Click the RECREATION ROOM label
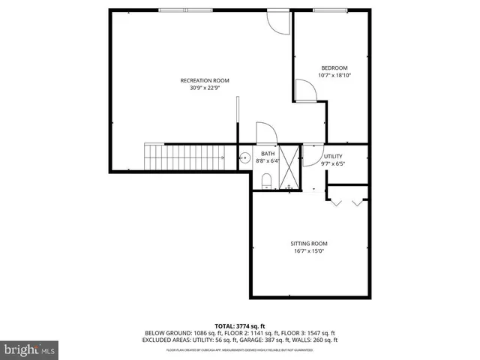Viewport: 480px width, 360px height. point(204,80)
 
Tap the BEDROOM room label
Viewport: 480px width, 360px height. point(334,68)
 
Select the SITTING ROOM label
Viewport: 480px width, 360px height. point(309,244)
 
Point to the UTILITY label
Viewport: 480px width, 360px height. point(333,156)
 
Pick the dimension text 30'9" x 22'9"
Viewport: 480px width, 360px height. point(204,88)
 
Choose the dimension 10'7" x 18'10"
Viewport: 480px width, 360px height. point(334,76)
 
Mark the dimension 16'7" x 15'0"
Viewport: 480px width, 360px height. point(309,251)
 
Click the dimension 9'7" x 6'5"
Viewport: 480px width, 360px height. point(333,163)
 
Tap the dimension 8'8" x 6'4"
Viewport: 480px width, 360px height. point(266,160)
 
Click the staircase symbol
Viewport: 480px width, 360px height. point(185,157)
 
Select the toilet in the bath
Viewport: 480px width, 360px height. point(265,181)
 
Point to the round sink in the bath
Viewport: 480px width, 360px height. point(244,158)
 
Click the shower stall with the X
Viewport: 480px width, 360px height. point(290,166)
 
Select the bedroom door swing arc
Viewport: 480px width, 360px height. point(306,91)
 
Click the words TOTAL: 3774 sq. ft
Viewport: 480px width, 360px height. point(239,325)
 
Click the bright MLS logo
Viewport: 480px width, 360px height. point(29,349)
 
